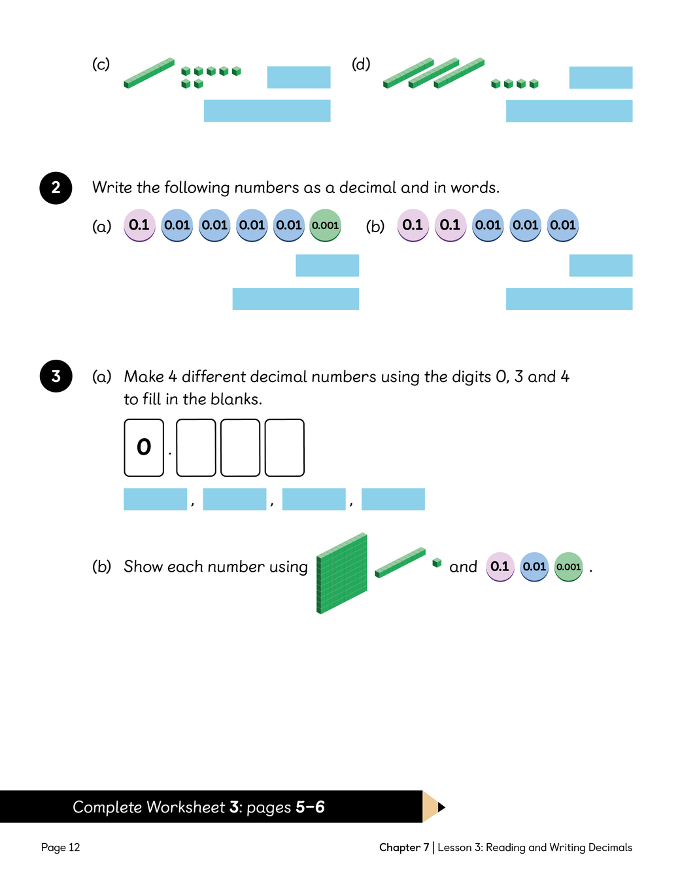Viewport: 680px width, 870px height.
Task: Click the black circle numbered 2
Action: (56, 188)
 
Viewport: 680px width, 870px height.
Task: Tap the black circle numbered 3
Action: (56, 376)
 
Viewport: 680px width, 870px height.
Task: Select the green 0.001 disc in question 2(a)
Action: (325, 225)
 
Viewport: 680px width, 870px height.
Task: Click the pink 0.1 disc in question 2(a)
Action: (139, 225)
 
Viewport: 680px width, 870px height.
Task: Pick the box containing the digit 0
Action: (144, 447)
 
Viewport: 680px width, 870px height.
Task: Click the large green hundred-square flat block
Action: (342, 574)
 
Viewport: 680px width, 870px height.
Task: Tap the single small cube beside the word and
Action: (437, 563)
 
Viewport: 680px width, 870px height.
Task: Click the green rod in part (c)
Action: (149, 73)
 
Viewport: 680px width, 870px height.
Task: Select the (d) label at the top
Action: (361, 64)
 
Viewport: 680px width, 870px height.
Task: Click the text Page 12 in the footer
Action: (60, 847)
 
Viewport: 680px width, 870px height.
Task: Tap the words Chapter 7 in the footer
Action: (403, 847)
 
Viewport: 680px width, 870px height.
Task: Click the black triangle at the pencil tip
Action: (441, 807)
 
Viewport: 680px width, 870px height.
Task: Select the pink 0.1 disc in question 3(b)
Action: (500, 566)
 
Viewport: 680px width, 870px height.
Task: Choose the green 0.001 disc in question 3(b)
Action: (568, 566)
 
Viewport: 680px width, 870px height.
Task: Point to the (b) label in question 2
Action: (375, 226)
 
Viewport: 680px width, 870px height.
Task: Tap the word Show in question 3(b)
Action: (143, 566)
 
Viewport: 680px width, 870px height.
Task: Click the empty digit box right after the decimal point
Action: (196, 447)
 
